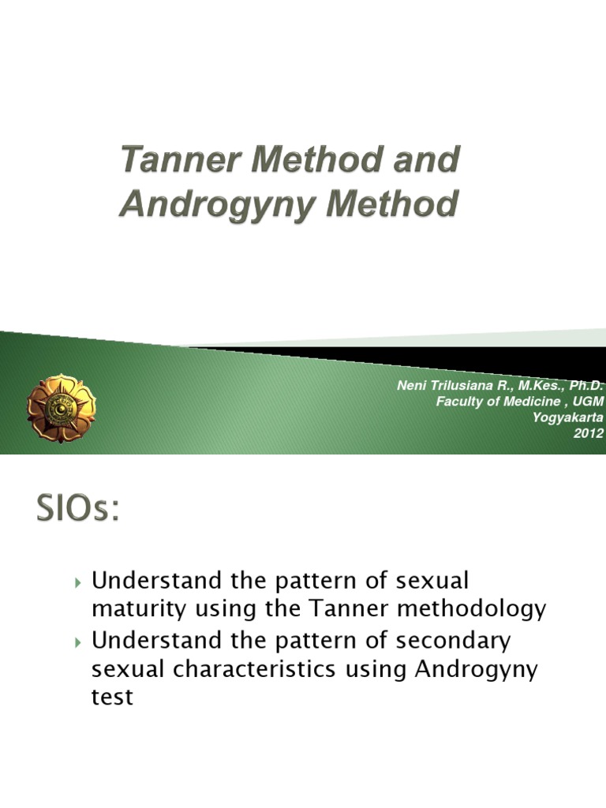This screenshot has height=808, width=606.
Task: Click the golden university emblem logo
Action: click(61, 407)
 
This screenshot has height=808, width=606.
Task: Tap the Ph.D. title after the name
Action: click(585, 386)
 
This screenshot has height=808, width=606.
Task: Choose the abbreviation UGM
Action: click(588, 402)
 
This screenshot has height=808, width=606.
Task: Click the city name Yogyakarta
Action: click(568, 417)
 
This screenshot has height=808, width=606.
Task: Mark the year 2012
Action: click(589, 433)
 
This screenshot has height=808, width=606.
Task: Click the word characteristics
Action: click(260, 669)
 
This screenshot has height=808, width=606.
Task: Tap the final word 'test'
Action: click(113, 698)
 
